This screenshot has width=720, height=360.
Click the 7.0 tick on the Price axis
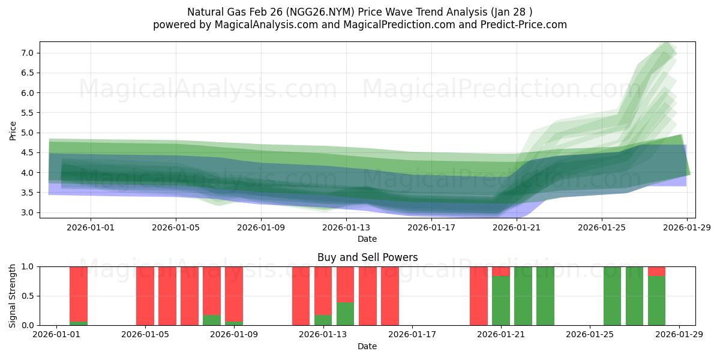coord(26,53)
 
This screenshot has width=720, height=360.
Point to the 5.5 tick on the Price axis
coord(26,113)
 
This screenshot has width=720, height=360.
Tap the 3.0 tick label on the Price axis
coord(26,212)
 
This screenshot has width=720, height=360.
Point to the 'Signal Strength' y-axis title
coord(13,296)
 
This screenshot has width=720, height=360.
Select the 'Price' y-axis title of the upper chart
coord(13,130)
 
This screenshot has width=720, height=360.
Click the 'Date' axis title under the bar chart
coord(367,346)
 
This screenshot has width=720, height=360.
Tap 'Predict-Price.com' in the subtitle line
coord(523,25)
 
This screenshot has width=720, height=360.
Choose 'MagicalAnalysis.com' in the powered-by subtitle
coord(262,25)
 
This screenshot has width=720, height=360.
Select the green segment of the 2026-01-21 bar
coord(501,301)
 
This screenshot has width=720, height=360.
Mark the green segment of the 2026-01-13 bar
coord(323,320)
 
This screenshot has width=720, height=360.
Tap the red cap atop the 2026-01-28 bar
coord(656,271)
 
